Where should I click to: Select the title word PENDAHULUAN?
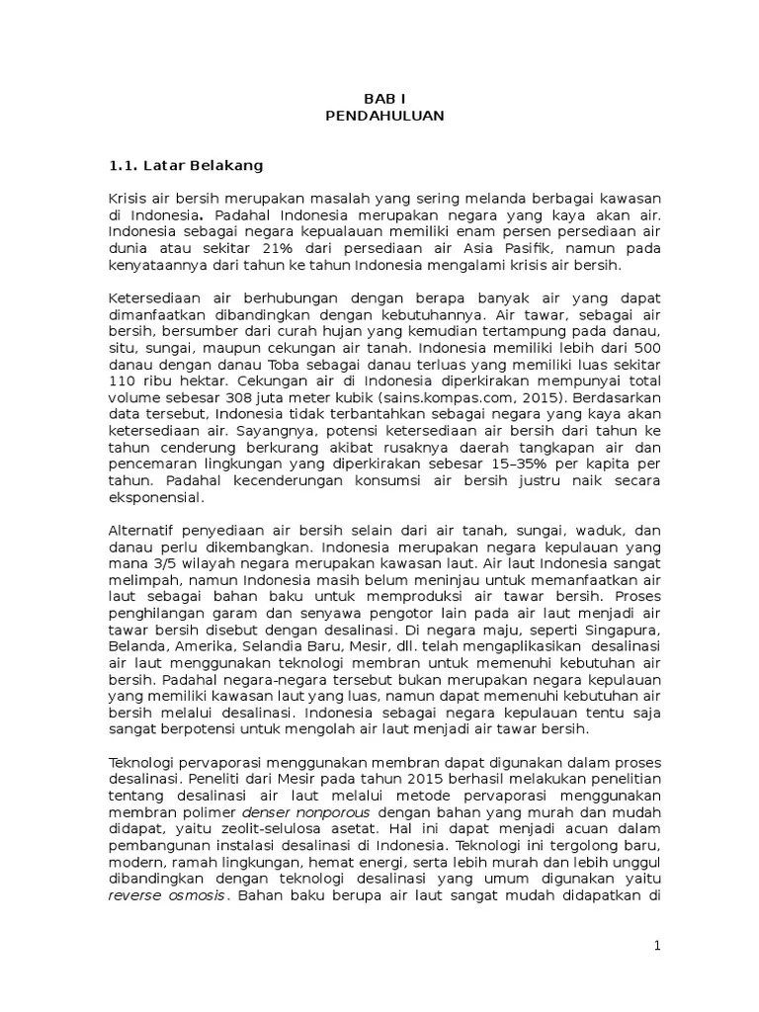(x=384, y=116)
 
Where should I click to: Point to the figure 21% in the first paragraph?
(x=282, y=248)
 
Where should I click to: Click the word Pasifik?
(x=496, y=248)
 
